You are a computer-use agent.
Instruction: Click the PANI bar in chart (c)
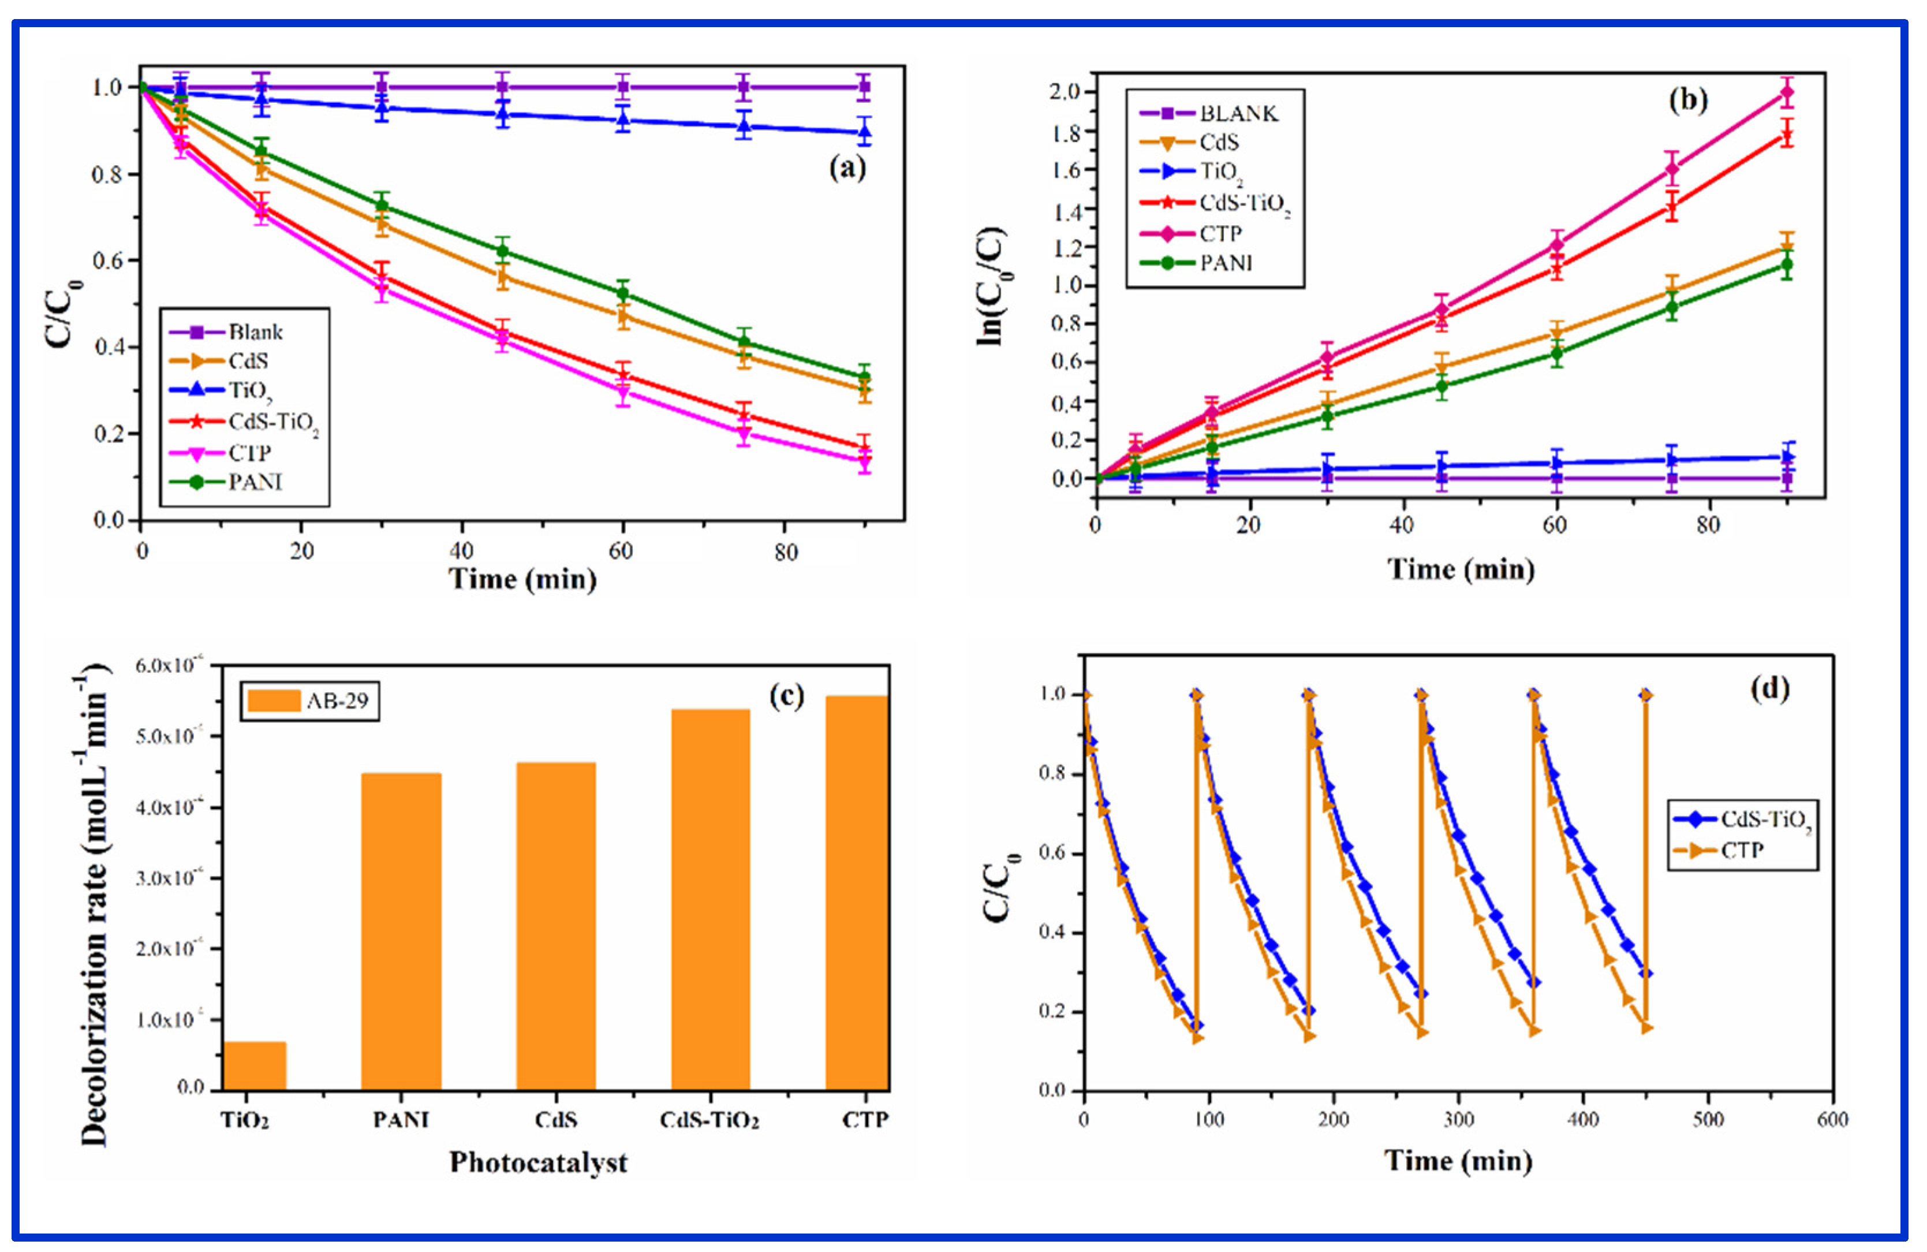click(401, 931)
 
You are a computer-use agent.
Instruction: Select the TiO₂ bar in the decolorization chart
click(253, 1065)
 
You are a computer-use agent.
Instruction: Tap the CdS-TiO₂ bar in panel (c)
click(710, 899)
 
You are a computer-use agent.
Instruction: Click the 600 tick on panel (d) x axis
click(1832, 1119)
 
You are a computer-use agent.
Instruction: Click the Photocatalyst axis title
click(539, 1162)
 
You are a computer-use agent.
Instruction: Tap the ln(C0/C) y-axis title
click(991, 288)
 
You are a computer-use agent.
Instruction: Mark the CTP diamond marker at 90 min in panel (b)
click(1786, 92)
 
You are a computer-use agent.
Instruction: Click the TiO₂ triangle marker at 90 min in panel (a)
click(864, 132)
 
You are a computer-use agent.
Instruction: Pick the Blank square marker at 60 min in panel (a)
click(622, 87)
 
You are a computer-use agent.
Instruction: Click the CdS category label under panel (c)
click(555, 1120)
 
